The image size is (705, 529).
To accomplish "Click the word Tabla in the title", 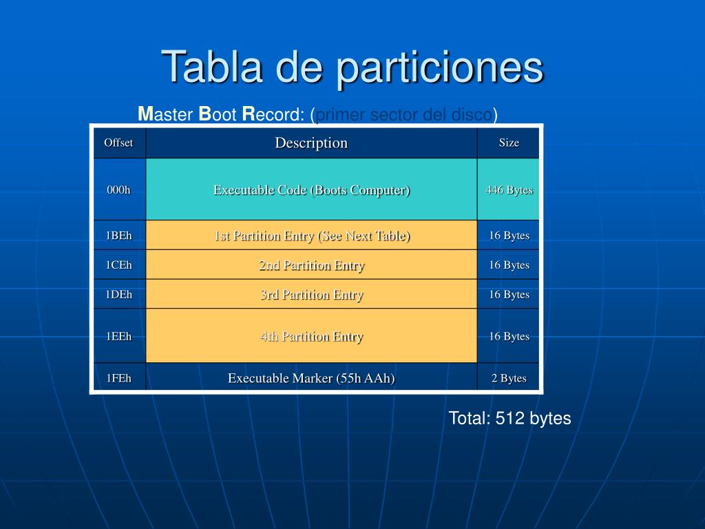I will [x=211, y=67].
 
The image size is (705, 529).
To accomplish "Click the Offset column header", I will [x=118, y=143].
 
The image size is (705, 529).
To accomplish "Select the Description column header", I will [x=311, y=143].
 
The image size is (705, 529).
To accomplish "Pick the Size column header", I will [x=509, y=143].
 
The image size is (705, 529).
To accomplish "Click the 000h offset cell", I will [x=118, y=189].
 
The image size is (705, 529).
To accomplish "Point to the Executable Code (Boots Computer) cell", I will [x=311, y=189].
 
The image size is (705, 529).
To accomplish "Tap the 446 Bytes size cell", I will [x=509, y=189].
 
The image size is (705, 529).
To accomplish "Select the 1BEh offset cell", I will [x=118, y=236].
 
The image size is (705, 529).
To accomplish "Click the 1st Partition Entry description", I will [x=311, y=236].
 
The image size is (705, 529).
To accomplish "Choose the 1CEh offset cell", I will [x=118, y=264].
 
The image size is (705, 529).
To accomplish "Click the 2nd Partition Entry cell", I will [x=311, y=265].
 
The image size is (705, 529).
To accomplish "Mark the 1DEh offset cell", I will [x=118, y=294].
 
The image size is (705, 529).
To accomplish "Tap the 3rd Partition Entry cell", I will [x=311, y=295].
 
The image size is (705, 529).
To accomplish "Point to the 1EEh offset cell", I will [x=118, y=336].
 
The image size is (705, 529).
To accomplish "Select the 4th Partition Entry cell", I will [x=311, y=336].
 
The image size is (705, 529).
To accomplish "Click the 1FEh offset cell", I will [x=118, y=377].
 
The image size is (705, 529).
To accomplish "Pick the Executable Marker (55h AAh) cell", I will [x=311, y=377].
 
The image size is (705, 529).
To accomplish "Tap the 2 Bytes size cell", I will [x=509, y=378].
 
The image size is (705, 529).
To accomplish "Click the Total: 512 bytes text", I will [x=509, y=418].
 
